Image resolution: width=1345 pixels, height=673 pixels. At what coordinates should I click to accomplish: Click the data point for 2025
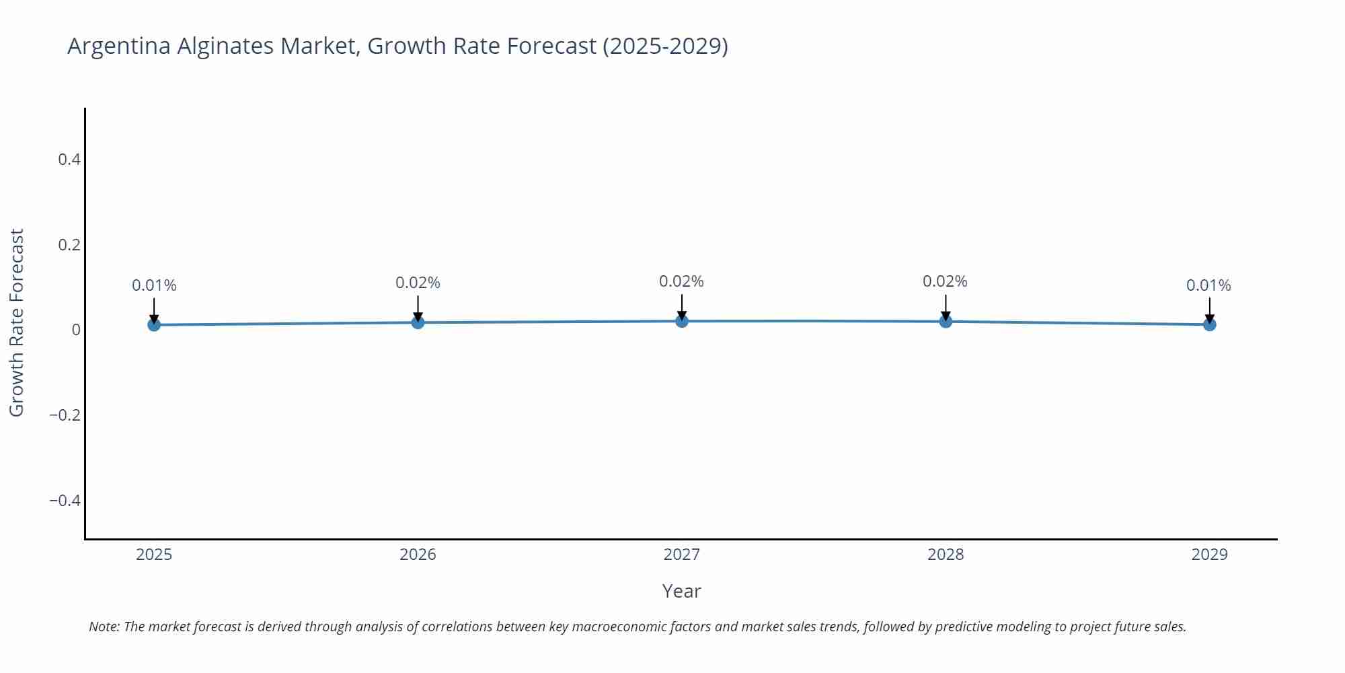(x=154, y=324)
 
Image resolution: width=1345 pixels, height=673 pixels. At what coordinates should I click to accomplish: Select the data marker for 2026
(x=418, y=322)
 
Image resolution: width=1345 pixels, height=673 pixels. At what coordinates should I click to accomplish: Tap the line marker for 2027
(x=682, y=321)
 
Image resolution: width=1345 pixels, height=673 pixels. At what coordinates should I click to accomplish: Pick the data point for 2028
(x=946, y=321)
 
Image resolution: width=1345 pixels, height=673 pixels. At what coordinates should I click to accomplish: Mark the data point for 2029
(x=1209, y=324)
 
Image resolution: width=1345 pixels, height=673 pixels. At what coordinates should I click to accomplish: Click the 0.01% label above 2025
(x=154, y=285)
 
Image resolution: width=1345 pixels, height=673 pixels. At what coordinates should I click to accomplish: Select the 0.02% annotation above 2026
(x=418, y=283)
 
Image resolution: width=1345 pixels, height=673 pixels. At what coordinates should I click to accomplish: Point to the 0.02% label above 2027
(x=681, y=281)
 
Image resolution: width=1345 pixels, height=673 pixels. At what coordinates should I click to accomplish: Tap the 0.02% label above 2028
(x=945, y=281)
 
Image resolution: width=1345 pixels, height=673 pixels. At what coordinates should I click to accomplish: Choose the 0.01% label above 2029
(x=1208, y=285)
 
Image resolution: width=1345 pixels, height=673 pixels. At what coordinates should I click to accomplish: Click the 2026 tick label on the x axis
(x=418, y=555)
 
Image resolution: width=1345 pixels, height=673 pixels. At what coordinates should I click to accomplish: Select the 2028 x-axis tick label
(x=946, y=555)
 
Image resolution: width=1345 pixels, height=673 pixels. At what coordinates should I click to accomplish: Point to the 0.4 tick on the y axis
(x=69, y=160)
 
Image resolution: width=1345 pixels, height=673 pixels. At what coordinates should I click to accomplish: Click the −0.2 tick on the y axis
(x=65, y=415)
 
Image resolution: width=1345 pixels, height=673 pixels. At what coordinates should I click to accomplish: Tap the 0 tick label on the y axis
(x=76, y=330)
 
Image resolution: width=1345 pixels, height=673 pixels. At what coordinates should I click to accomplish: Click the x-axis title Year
(x=681, y=591)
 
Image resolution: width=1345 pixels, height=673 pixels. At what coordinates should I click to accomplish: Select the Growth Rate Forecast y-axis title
(x=16, y=322)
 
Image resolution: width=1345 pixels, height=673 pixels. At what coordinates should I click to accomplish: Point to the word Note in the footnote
(x=104, y=627)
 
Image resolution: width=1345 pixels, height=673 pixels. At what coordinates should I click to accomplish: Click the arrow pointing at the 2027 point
(x=682, y=306)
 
